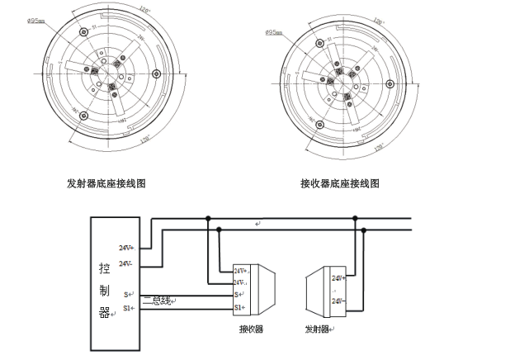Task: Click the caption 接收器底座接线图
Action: tap(340, 184)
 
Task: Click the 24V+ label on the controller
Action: tap(126, 247)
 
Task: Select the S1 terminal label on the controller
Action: tap(128, 308)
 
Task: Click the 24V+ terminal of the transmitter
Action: tap(338, 279)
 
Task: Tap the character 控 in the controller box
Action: tap(104, 270)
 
